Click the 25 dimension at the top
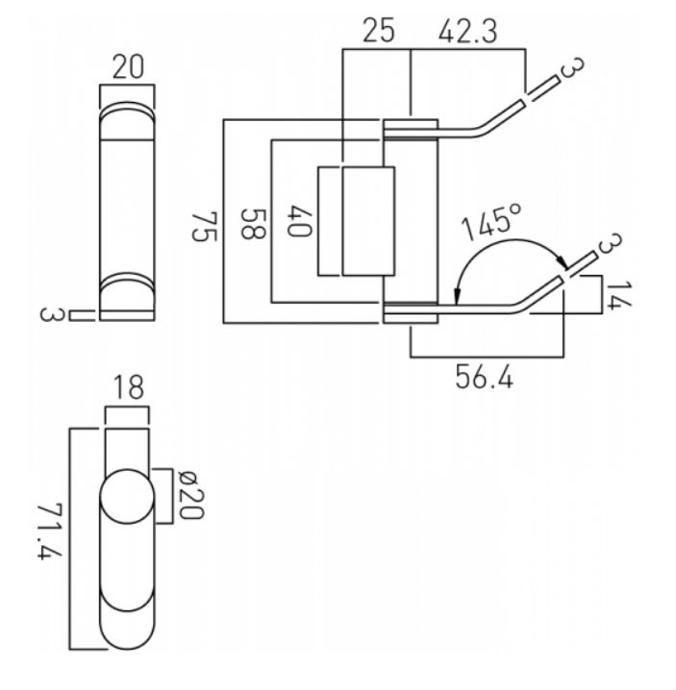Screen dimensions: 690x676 coord(378,32)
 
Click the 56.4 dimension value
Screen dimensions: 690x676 coord(483,377)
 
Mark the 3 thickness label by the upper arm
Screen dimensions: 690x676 coord(570,70)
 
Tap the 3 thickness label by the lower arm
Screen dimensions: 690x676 coord(608,246)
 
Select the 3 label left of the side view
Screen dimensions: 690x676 coord(54,313)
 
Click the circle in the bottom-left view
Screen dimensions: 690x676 coord(126,497)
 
